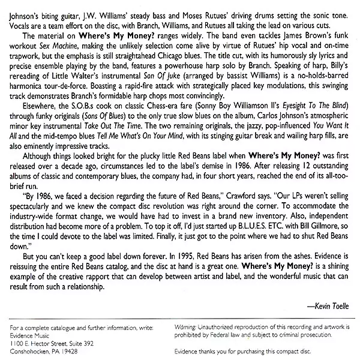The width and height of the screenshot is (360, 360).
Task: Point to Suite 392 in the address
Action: [78, 340]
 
